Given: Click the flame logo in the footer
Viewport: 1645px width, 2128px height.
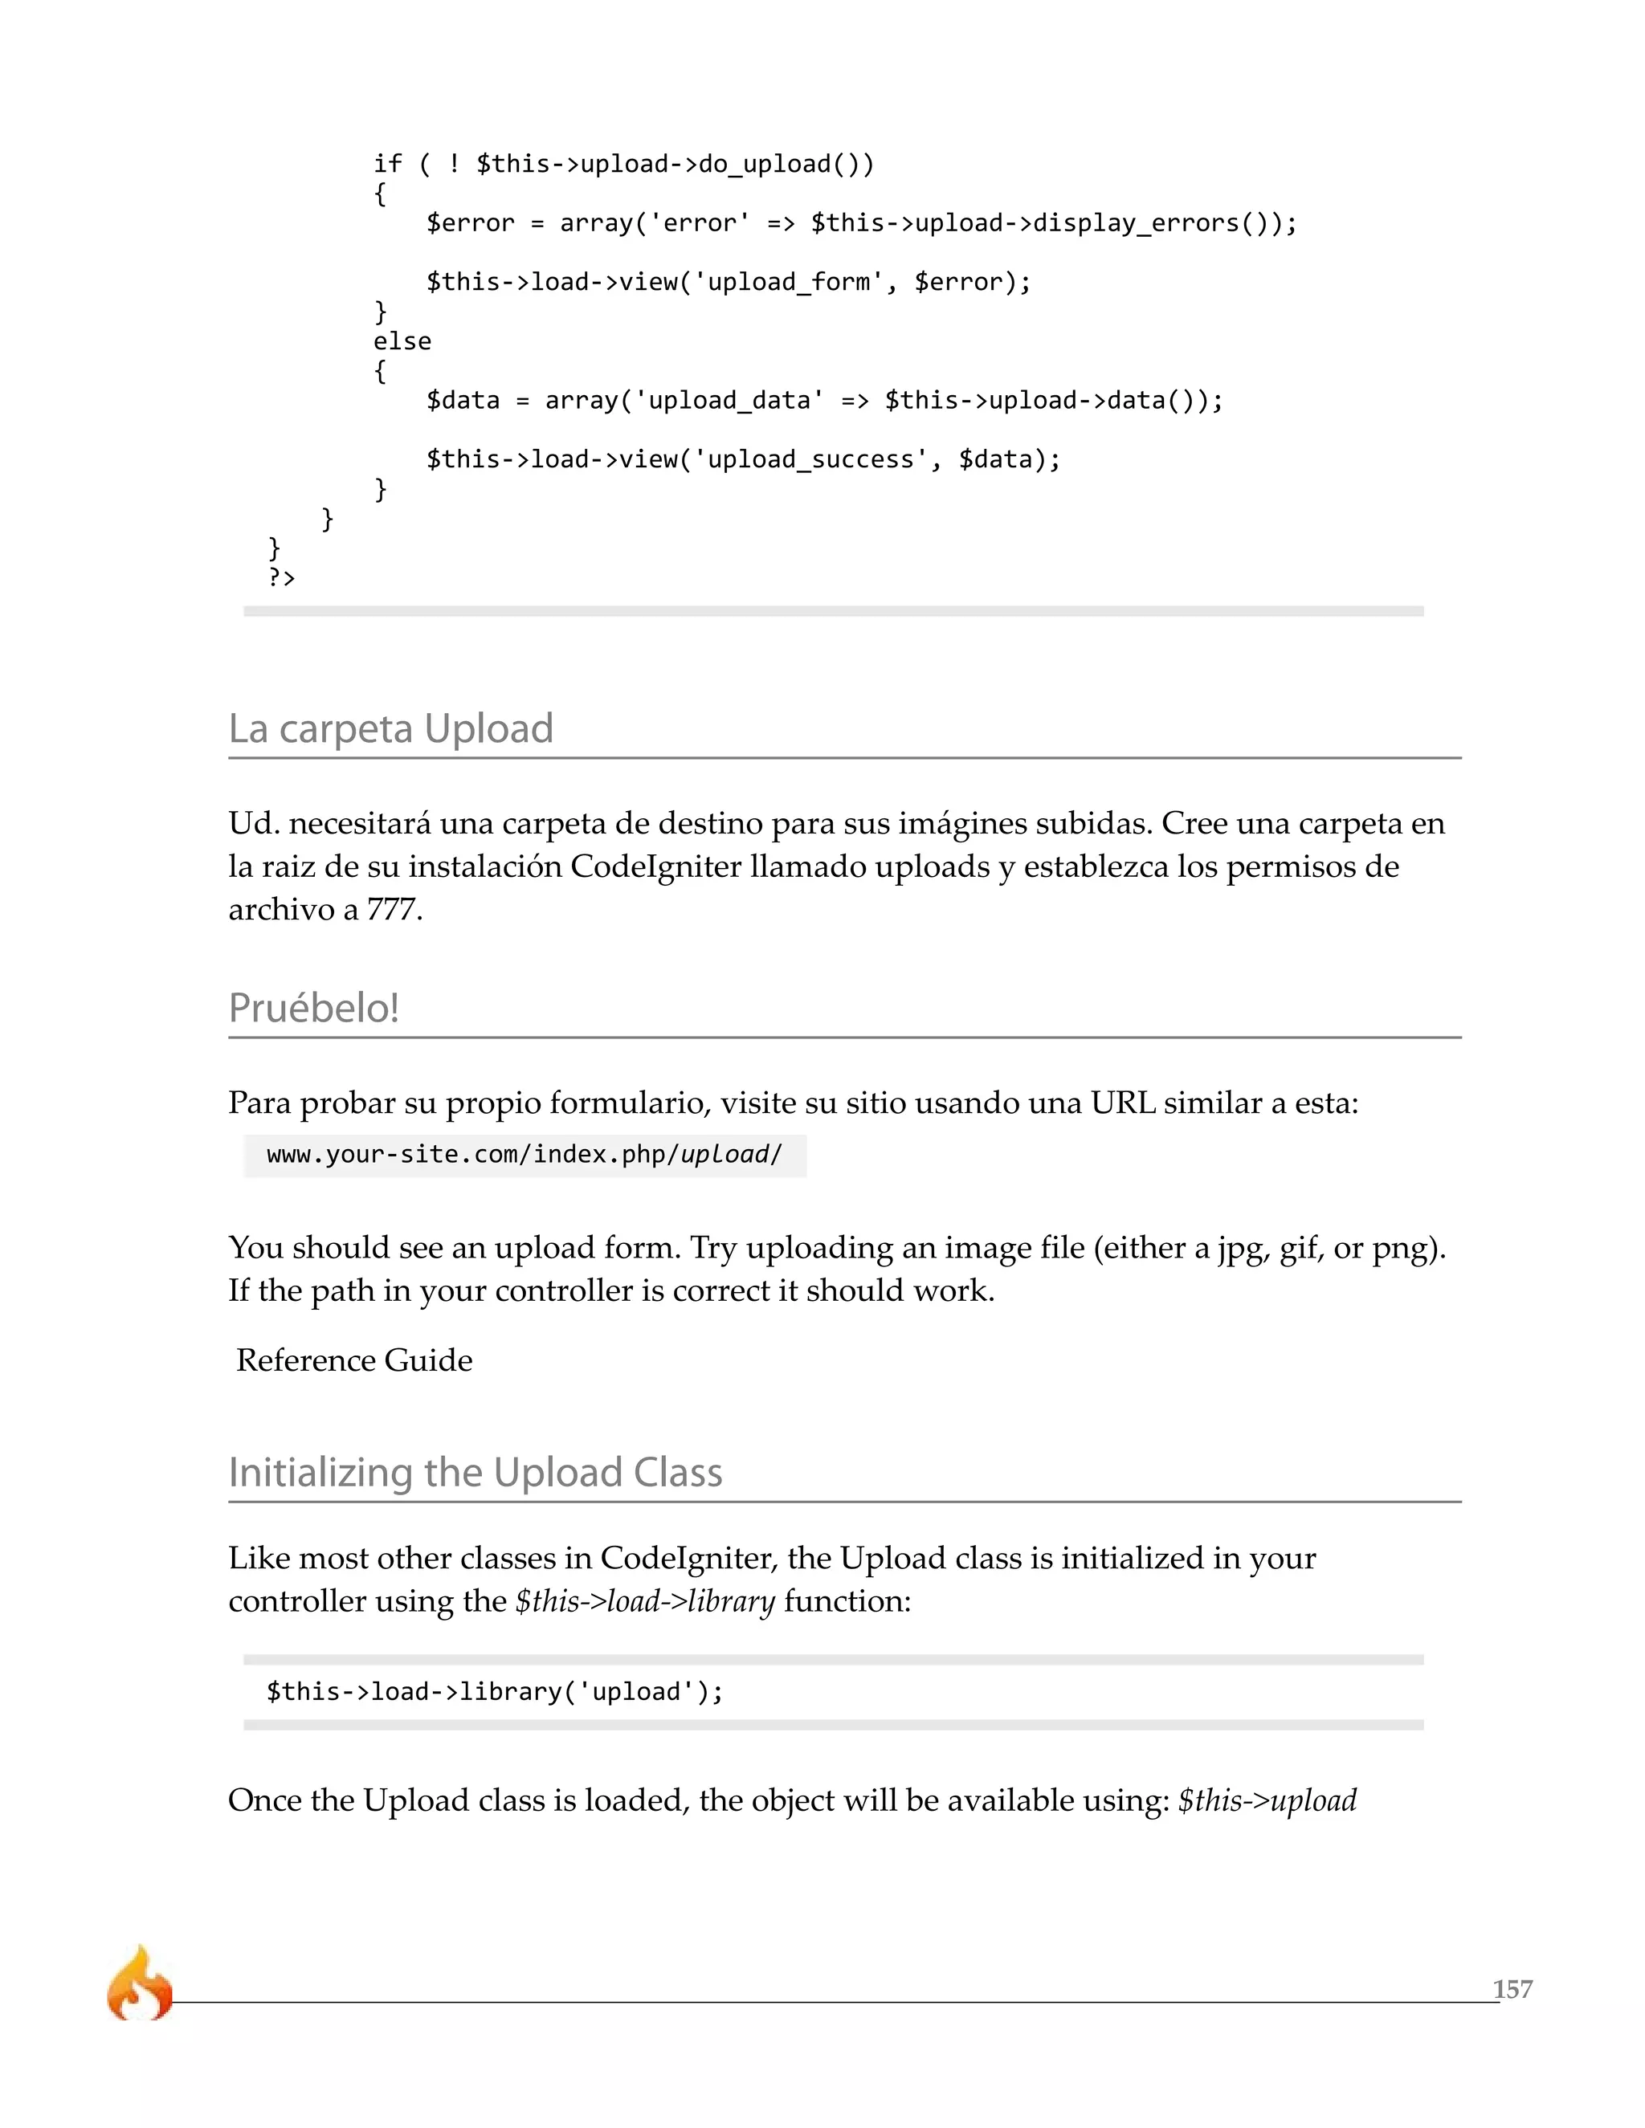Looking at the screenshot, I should coord(139,1983).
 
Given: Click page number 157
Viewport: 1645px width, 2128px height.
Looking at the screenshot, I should coord(1512,1988).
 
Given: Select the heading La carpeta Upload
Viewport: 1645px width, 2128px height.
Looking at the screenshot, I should coord(391,729).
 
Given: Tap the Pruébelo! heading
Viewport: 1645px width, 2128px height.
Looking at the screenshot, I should coord(314,1009).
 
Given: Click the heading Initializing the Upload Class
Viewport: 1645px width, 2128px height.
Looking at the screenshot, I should coord(475,1472).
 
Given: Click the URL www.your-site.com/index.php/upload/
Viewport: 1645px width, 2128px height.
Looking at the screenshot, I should coord(525,1155).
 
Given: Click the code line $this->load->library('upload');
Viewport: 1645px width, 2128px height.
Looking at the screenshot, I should coord(495,1691).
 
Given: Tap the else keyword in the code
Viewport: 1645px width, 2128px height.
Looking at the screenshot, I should coord(402,341).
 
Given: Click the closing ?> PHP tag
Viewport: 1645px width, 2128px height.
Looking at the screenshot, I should coord(282,578).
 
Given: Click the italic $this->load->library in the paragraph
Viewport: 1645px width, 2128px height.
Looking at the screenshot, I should coord(644,1602).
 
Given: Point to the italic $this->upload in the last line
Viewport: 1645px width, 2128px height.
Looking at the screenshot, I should coord(1267,1800).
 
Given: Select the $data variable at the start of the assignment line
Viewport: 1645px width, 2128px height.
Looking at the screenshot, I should coord(463,401).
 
